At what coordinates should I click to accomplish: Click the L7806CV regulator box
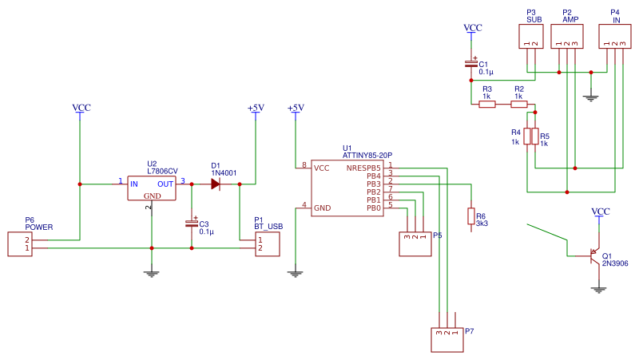(x=152, y=188)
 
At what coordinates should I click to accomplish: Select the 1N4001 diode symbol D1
(x=216, y=184)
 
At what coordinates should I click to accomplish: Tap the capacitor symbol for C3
(x=192, y=224)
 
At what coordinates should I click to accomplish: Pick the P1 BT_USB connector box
(x=268, y=243)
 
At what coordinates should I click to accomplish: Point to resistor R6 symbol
(x=471, y=216)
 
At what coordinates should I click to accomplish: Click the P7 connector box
(x=447, y=340)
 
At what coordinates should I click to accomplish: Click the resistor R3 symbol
(x=486, y=104)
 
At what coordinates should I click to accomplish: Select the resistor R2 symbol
(x=519, y=104)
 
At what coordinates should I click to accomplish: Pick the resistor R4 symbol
(x=527, y=136)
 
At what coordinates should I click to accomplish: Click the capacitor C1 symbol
(x=471, y=64)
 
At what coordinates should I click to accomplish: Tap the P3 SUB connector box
(x=531, y=37)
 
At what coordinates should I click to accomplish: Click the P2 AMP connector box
(x=566, y=37)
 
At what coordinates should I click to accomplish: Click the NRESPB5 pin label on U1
(x=363, y=168)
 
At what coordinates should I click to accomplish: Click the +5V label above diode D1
(x=256, y=108)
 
